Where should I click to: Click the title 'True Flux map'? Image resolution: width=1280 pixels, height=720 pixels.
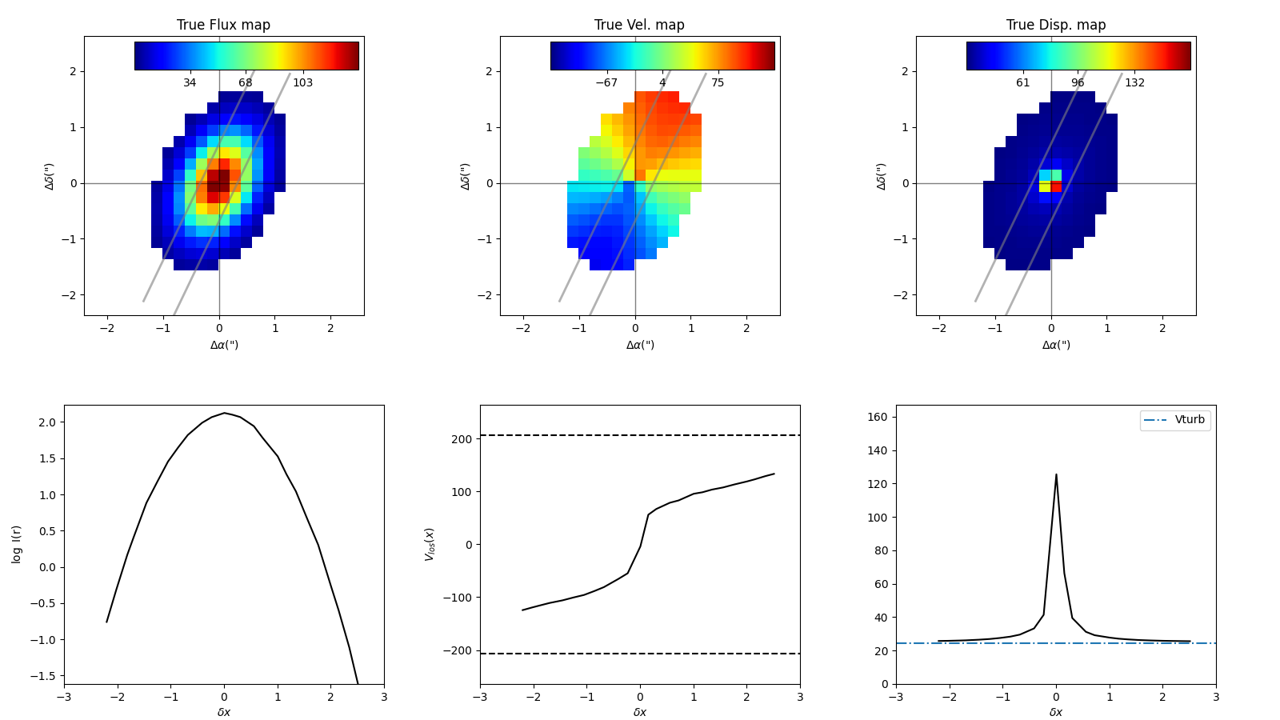[x=223, y=25]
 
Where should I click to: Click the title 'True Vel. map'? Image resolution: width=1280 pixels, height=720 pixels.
[x=639, y=25]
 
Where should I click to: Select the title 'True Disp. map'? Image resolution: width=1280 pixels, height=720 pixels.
[x=1056, y=25]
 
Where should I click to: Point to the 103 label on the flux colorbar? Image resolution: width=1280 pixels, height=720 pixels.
[x=302, y=83]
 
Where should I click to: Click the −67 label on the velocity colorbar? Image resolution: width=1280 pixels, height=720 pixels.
[x=606, y=83]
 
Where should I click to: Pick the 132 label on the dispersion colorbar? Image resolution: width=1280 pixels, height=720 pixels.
[x=1134, y=83]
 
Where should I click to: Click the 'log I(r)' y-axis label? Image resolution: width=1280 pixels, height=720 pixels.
[x=17, y=544]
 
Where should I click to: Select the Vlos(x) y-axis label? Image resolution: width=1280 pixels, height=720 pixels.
[x=430, y=544]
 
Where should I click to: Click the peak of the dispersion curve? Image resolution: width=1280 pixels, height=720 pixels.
[x=1056, y=474]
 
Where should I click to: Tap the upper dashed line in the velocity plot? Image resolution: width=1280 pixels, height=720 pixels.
[x=640, y=435]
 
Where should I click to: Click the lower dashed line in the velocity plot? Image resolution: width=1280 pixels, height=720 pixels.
[x=640, y=654]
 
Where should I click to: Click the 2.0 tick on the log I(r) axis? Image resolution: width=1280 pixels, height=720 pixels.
[x=47, y=422]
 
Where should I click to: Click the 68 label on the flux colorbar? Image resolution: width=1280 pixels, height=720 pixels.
[x=245, y=83]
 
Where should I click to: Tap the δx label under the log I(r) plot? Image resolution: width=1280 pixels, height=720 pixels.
[x=224, y=712]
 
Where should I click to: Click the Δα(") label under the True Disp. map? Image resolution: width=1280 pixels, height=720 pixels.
[x=1056, y=345]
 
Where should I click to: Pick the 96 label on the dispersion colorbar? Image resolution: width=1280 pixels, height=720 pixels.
[x=1078, y=83]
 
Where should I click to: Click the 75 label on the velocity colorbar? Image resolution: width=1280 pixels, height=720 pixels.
[x=718, y=83]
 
